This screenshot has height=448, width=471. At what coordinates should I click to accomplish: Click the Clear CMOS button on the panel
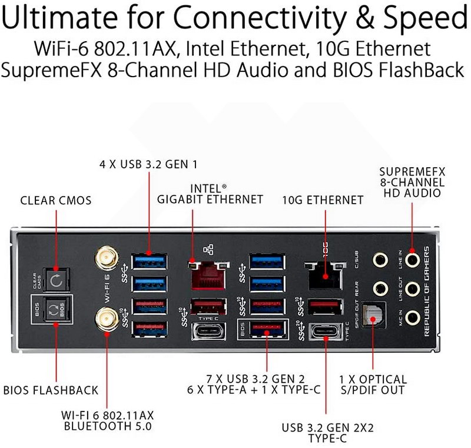coord(57,280)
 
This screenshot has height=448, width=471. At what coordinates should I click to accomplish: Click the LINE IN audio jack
coord(413,258)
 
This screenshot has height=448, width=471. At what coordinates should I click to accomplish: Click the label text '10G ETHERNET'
coord(323,200)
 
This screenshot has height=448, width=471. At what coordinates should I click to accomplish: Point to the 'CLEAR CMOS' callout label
coord(56,200)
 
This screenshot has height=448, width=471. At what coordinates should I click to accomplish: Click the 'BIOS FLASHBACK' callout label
coord(51,390)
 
